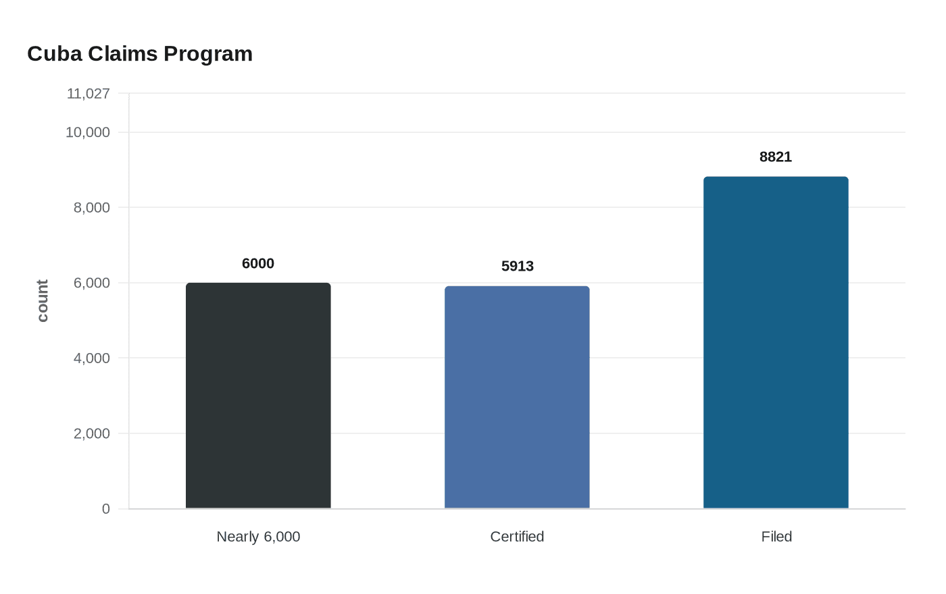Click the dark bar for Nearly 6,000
[x=258, y=396]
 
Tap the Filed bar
[x=776, y=342]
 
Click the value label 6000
[x=258, y=263]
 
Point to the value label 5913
[x=518, y=266]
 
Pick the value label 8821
[x=776, y=157]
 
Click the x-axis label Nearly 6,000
[x=258, y=537]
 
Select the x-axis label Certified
[x=517, y=537]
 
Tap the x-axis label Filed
[x=776, y=537]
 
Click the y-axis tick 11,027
[x=88, y=93]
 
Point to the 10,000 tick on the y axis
[x=87, y=132]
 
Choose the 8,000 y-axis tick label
[x=91, y=207]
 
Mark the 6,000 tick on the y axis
[x=91, y=283]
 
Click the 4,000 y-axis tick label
[x=91, y=358]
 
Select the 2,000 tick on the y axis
[x=91, y=433]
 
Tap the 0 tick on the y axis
[x=105, y=509]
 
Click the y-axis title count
[x=43, y=301]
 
